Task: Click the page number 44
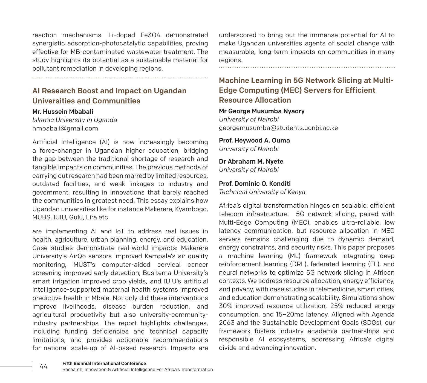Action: [x=44, y=366]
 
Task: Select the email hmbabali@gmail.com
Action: [x=65, y=128]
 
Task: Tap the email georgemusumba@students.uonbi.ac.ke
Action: [x=278, y=128]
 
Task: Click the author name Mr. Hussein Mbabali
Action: [x=63, y=112]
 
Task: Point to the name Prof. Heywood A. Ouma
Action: [x=254, y=140]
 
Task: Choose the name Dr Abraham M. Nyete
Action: [x=251, y=161]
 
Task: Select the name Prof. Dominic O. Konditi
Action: [x=255, y=184]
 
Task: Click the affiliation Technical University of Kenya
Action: [x=262, y=192]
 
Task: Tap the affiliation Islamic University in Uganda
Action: [x=74, y=120]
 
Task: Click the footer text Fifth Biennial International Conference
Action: [x=104, y=363]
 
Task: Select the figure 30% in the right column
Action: [x=225, y=306]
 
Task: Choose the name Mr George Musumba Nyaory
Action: [x=262, y=111]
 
